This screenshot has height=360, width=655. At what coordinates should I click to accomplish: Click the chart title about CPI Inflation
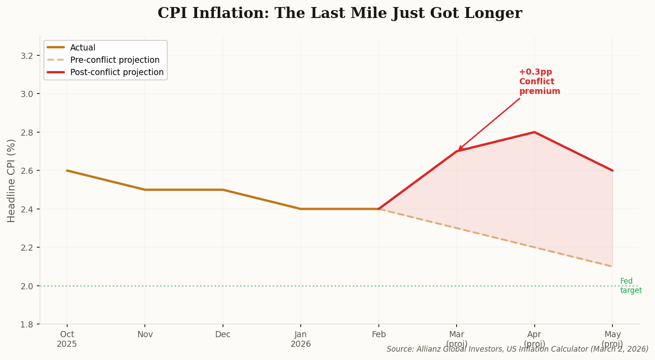[339, 13]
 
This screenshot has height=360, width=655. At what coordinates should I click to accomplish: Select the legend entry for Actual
[83, 48]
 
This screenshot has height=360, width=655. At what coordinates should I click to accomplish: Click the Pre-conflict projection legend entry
[115, 60]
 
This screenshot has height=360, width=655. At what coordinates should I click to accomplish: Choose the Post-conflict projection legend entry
[117, 72]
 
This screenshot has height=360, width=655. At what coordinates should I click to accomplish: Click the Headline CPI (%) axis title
[11, 180]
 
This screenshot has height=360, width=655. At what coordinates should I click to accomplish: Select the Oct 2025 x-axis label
[67, 339]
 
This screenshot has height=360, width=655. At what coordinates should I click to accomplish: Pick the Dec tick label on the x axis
[223, 335]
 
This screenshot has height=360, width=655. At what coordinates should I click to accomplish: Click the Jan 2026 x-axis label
[301, 339]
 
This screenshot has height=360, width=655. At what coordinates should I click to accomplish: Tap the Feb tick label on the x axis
[378, 335]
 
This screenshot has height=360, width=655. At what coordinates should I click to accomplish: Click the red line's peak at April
[534, 132]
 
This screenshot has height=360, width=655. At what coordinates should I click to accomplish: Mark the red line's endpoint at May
[612, 170]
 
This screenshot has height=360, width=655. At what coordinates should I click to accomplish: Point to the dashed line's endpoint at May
[612, 266]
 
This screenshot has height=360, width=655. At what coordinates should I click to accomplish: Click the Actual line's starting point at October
[67, 170]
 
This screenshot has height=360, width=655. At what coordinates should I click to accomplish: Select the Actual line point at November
[145, 190]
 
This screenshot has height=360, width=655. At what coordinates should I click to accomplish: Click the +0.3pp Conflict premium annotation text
[539, 82]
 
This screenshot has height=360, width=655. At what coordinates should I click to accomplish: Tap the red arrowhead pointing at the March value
[459, 149]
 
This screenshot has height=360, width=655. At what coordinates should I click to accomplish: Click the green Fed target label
[630, 286]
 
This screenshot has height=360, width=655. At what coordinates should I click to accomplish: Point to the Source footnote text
[517, 349]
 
